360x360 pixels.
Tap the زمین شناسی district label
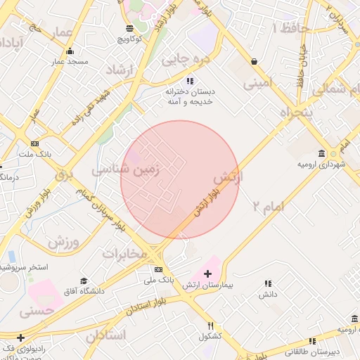point(127,169)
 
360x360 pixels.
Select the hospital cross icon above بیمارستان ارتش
point(207,274)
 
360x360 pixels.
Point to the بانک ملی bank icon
point(158,269)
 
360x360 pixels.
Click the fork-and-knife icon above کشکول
point(210,326)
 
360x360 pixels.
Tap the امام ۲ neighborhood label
point(267,206)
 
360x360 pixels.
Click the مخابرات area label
point(124,253)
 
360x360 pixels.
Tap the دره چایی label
point(186,60)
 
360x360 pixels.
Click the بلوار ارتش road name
point(203,204)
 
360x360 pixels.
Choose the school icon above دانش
point(267,283)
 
